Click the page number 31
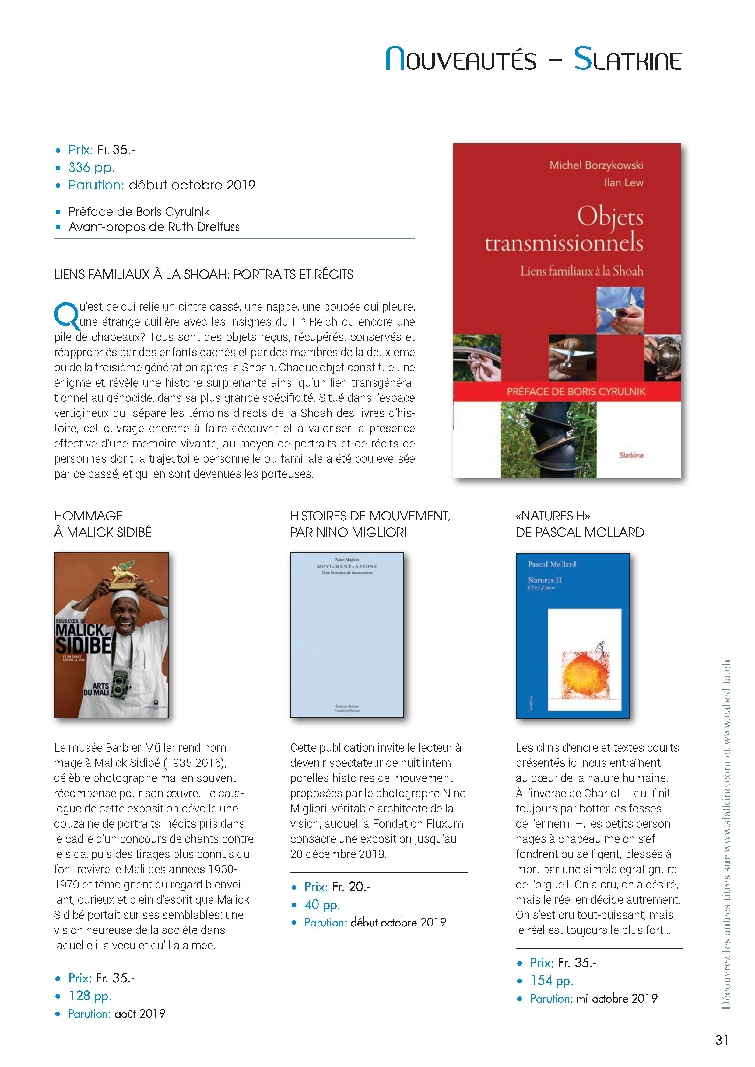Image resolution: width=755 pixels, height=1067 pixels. pyautogui.click(x=722, y=1040)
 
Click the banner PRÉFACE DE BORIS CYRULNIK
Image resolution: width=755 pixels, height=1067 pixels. pyautogui.click(x=576, y=391)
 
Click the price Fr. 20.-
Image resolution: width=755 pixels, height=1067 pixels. pyautogui.click(x=351, y=887)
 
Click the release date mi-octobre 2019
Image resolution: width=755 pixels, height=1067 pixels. pyautogui.click(x=617, y=998)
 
